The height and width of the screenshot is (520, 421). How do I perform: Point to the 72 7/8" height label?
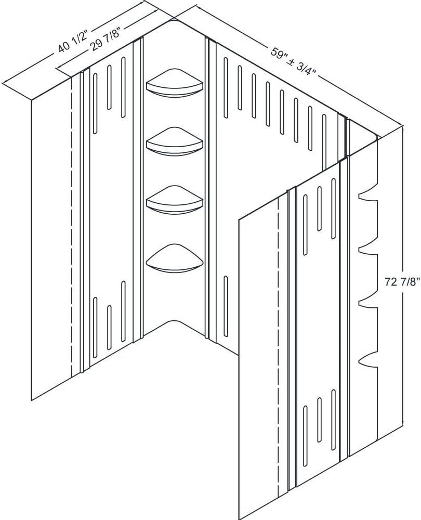pos(402,282)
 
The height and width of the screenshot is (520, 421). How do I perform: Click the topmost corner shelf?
pos(175,83)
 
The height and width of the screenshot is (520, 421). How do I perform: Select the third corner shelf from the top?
pos(175,200)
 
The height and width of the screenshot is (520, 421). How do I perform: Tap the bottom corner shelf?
pos(175,258)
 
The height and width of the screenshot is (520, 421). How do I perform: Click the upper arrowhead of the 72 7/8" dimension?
pos(403,128)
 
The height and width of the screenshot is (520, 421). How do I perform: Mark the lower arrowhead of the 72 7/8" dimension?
pos(403,424)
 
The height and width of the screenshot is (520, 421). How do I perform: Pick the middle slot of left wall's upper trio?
pos(109,87)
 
